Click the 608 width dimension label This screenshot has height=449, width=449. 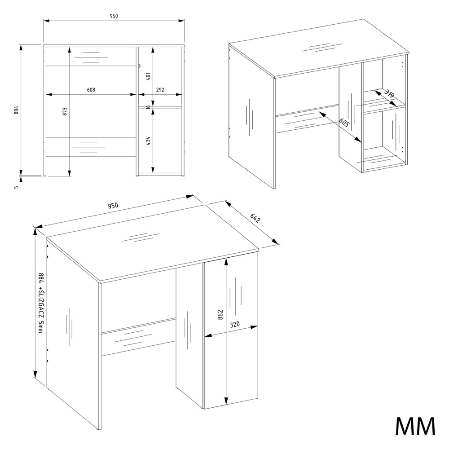91,90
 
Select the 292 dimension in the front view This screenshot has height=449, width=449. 160,90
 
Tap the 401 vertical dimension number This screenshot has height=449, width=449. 148,76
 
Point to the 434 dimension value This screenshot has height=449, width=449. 148,141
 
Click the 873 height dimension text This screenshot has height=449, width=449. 65,111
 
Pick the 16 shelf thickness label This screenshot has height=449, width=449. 148,107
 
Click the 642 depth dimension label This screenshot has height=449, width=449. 255,218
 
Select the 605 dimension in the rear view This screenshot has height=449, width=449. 344,123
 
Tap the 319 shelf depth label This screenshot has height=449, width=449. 389,94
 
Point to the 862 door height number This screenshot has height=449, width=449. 220,315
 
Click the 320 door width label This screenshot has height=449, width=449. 234,325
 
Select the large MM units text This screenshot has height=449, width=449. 415,427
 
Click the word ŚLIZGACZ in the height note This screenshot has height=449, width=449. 41,304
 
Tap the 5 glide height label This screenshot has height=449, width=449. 16,187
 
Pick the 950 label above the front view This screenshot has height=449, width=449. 114,16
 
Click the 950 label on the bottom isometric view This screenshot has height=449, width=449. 113,206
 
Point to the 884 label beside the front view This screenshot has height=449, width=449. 16,110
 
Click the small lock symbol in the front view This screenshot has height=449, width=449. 140,66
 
